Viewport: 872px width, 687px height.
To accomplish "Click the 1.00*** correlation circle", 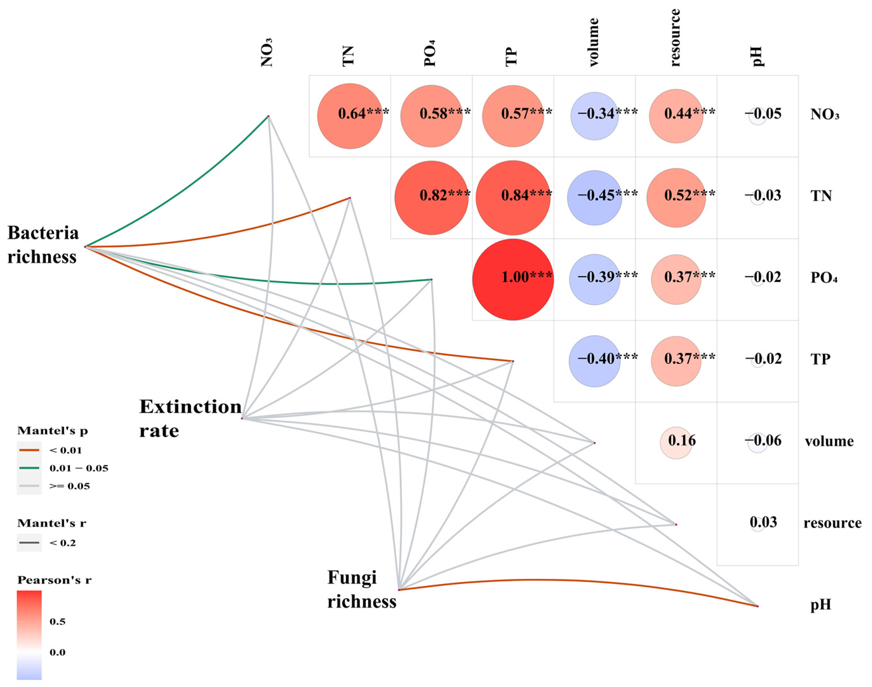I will click(513, 280).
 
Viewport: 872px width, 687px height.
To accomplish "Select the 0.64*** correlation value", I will click(363, 114).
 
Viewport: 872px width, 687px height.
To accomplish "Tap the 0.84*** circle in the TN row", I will click(513, 198).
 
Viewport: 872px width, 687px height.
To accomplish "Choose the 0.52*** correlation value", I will click(689, 195).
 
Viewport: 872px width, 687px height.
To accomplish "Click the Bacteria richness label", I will click(43, 245).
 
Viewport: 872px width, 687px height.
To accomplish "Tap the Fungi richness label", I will click(361, 590).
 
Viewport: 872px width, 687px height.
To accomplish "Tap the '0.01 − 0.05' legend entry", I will click(78, 468).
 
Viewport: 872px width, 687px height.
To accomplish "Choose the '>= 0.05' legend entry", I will click(69, 486).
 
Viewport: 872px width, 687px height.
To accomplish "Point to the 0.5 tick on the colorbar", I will click(57, 622).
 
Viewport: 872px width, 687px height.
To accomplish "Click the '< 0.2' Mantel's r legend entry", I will click(62, 543).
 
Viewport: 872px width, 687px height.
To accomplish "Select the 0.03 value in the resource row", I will click(763, 522).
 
